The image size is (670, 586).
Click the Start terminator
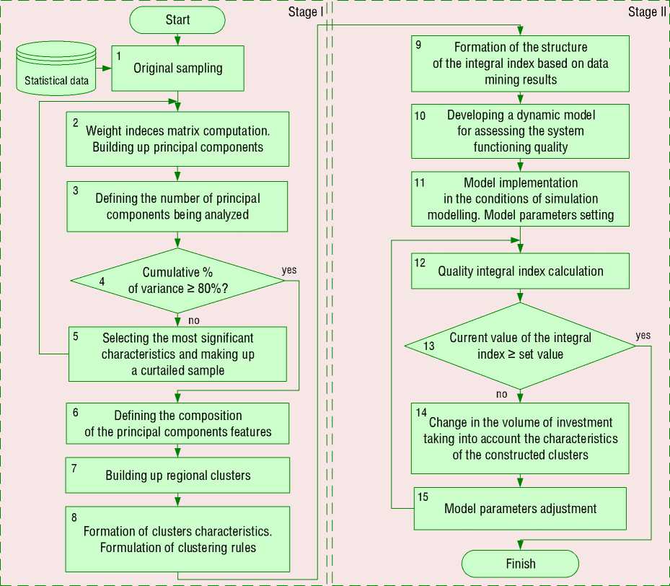pos(177,19)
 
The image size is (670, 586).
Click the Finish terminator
pos(520,564)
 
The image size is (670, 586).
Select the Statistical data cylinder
pos(56,70)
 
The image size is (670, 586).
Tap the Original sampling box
pos(177,69)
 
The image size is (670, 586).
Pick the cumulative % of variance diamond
pos(177,281)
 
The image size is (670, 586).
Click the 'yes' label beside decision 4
pos(290,270)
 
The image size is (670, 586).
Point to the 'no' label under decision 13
pos(503,394)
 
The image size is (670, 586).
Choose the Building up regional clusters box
pos(177,476)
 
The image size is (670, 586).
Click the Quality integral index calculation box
pos(520,271)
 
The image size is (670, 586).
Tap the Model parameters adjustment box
pos(520,508)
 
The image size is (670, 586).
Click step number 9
pos(419,44)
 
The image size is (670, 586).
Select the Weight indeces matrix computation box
pos(177,139)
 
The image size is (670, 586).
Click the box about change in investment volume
pos(520,438)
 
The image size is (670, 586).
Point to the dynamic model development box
pos(520,131)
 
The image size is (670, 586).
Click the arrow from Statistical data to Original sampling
pos(104,69)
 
